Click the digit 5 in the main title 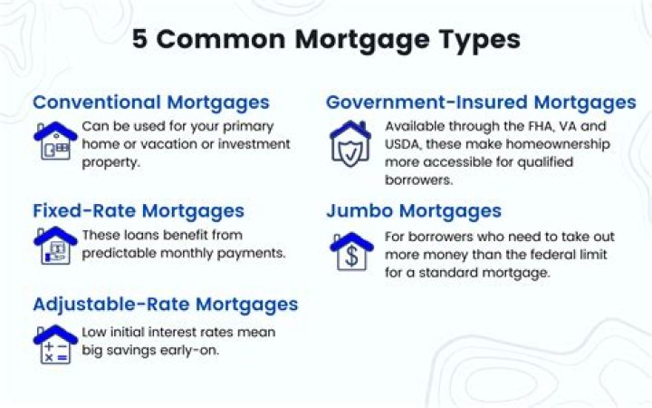pyautogui.click(x=141, y=40)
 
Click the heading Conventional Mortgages pyautogui.click(x=151, y=102)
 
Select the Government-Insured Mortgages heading pyautogui.click(x=481, y=102)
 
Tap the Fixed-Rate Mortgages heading pyautogui.click(x=139, y=210)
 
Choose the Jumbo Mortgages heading pyautogui.click(x=414, y=210)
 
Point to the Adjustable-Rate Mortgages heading pyautogui.click(x=166, y=304)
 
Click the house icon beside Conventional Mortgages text pyautogui.click(x=55, y=141)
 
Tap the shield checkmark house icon pyautogui.click(x=350, y=143)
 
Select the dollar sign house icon pyautogui.click(x=350, y=251)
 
